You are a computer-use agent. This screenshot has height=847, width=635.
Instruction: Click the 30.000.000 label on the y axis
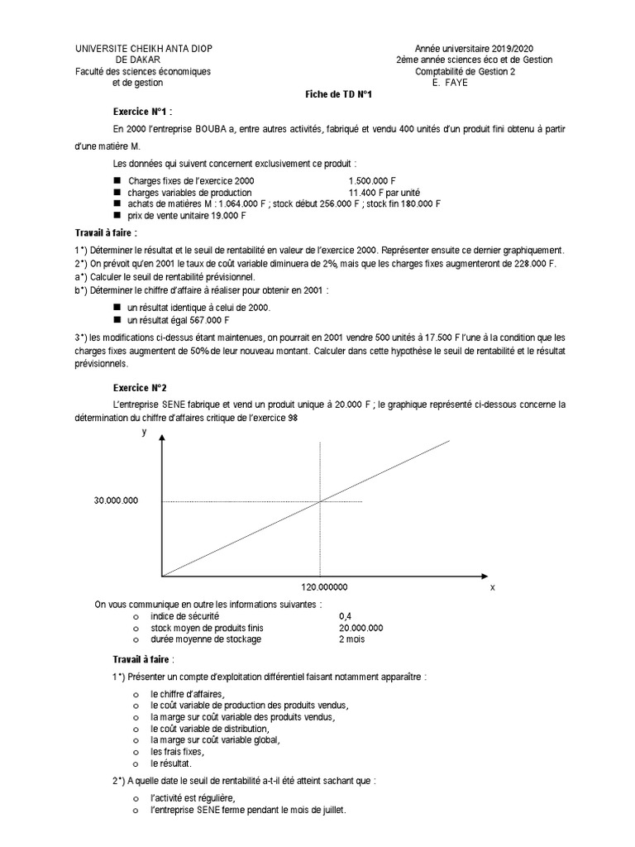pos(117,500)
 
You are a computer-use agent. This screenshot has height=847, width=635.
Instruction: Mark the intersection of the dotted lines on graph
pos(320,500)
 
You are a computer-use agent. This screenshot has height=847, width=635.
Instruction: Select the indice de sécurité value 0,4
pos(345,616)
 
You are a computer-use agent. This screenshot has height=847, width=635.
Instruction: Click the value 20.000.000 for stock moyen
pos(360,628)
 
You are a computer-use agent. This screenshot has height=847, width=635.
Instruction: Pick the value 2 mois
pos(351,639)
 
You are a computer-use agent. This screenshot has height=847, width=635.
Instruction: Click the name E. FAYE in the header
pos(450,83)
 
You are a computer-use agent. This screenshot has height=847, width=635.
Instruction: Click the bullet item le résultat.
pos(170,763)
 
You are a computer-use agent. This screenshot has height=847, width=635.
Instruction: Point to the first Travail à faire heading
pos(125,233)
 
